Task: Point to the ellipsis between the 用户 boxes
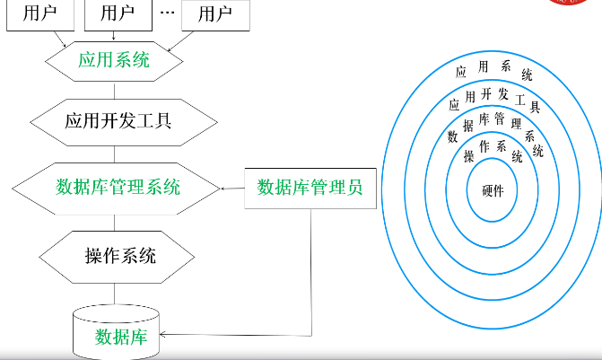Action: (167, 14)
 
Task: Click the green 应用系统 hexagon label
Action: (114, 62)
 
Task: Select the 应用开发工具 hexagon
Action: (118, 119)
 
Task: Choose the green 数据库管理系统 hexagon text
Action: (118, 188)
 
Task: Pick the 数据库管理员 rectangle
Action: (310, 188)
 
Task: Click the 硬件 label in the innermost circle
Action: (493, 190)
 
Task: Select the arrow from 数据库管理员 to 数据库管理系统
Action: (231, 188)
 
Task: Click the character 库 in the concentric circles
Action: (484, 119)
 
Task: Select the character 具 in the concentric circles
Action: (534, 107)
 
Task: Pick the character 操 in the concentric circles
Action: (468, 156)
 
